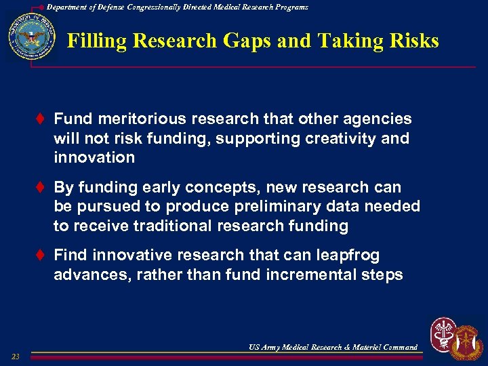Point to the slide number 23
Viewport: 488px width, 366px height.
pos(16,357)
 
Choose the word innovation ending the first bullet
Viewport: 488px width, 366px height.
pos(94,158)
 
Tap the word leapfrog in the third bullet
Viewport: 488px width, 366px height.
pos(348,256)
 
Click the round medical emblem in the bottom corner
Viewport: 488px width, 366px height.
pos(443,334)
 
